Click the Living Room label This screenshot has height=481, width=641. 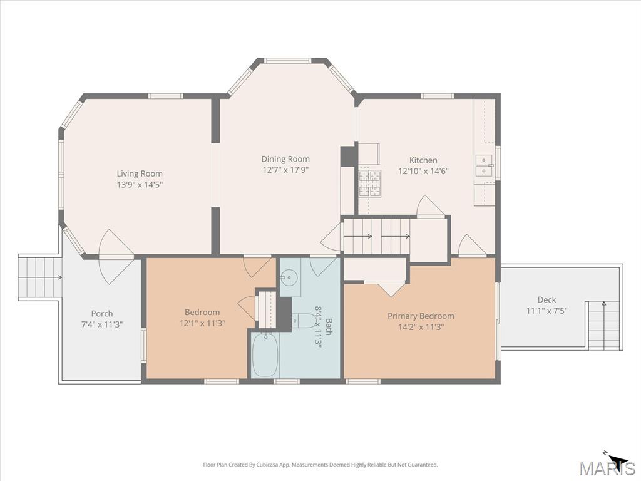point(140,173)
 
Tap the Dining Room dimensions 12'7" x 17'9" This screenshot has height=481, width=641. point(285,170)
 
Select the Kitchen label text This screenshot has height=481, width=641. point(423,160)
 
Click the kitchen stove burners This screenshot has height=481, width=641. point(370,184)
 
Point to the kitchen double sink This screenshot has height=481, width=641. point(485,165)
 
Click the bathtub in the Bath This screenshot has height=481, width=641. point(265,355)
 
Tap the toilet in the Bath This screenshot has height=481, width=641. point(302,320)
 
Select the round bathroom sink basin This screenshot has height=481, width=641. point(289,277)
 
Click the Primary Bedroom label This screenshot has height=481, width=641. point(421,316)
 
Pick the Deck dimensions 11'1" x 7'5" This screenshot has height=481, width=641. point(546,311)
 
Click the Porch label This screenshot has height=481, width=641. point(102,313)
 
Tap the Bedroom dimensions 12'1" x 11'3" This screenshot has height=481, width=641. point(202,323)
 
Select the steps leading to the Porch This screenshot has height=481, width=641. point(39,277)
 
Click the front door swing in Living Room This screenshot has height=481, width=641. point(116,257)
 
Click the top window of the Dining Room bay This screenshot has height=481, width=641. point(287,61)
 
